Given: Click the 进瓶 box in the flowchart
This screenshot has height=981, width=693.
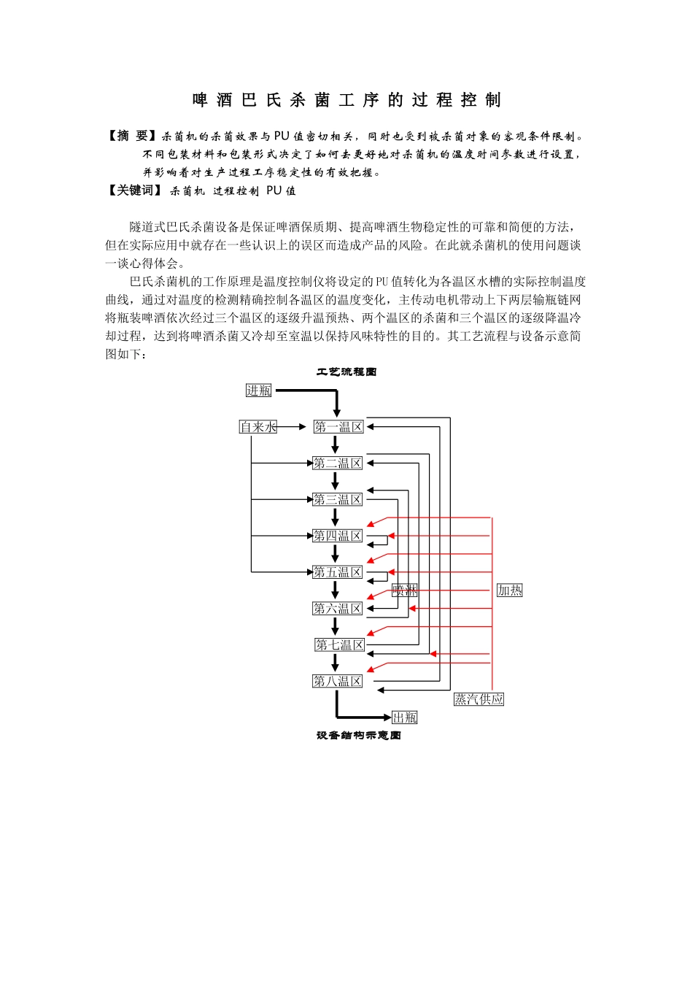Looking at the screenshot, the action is click(258, 391).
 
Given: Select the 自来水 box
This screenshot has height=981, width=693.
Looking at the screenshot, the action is click(258, 426).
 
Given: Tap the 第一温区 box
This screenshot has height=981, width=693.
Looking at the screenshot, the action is click(338, 426).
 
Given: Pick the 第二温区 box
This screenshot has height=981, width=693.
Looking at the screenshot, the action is click(337, 463).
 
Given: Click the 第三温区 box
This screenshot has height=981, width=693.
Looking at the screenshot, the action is click(337, 499).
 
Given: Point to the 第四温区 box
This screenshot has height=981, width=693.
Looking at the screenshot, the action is click(337, 536).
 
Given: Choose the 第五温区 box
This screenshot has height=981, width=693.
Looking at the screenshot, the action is click(337, 572).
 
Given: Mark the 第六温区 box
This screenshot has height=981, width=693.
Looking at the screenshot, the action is click(337, 608).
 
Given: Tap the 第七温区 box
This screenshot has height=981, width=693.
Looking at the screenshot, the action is click(340, 645).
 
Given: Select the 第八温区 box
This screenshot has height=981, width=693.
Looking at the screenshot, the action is click(337, 681).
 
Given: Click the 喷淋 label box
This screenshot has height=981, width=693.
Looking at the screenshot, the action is click(405, 590).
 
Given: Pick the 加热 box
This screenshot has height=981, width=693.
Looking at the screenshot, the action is click(510, 590).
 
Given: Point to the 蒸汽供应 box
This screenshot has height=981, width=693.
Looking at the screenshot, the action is click(479, 699).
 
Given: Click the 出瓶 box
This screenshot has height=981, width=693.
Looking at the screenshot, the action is click(405, 718).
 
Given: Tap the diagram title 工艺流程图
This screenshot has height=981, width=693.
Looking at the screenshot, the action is click(346, 372).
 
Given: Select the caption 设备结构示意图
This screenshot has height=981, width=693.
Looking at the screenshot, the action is click(359, 735).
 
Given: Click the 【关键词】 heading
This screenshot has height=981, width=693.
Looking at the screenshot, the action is click(135, 191).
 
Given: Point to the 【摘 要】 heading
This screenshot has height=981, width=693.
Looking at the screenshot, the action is click(132, 136).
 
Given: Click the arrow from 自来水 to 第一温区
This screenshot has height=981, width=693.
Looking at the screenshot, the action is click(291, 426).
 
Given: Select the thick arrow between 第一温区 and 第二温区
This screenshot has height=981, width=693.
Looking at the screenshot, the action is click(335, 444).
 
